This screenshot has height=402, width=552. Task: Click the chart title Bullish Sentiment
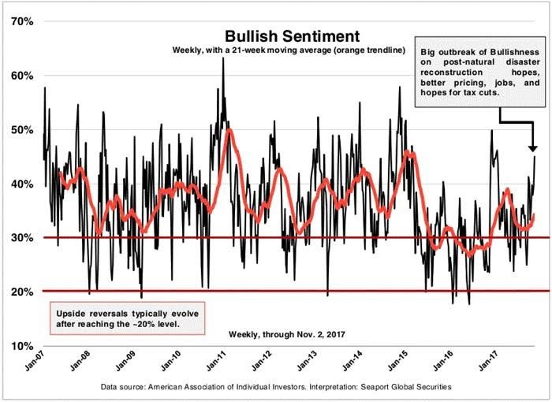click(293, 36)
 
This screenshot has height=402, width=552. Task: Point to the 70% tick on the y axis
click(22, 21)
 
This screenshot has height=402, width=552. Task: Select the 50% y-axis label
click(22, 130)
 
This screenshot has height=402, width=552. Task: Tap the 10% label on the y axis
click(22, 346)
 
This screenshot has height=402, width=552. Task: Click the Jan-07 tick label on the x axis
click(34, 359)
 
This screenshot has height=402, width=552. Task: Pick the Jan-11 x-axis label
click(215, 359)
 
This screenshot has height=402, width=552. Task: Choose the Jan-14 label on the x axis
click(352, 359)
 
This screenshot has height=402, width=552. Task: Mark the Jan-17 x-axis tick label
click(488, 359)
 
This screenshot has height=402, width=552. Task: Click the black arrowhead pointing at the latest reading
click(533, 148)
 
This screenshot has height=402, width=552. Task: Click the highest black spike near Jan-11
click(223, 58)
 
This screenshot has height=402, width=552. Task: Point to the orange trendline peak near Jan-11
click(229, 131)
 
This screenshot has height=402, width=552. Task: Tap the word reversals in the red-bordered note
click(110, 314)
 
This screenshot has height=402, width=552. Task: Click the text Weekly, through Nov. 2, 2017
click(287, 334)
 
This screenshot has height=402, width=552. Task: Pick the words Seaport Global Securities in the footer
click(406, 387)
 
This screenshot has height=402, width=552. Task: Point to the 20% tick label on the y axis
click(22, 292)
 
